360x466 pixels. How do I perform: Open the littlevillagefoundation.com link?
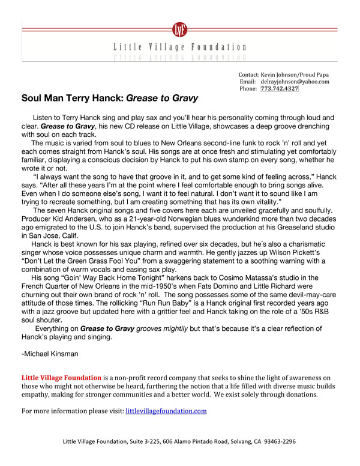tap(166, 411)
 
